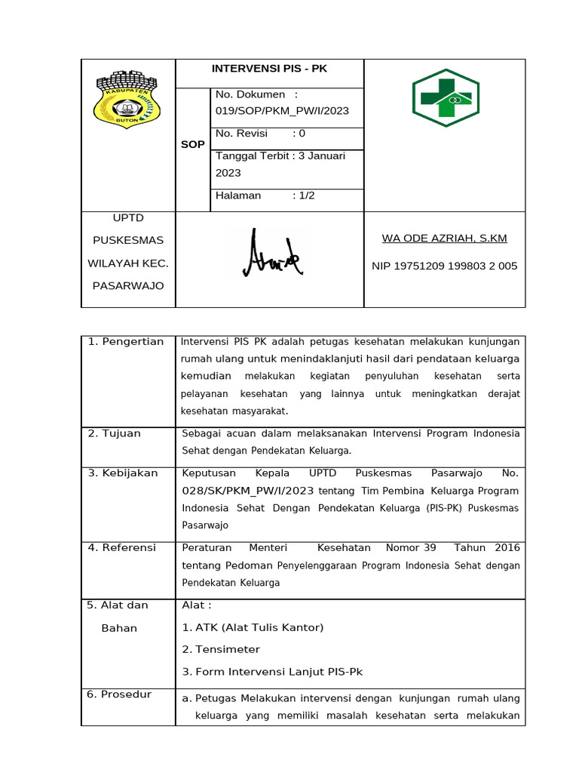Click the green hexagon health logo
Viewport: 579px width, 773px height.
click(x=445, y=98)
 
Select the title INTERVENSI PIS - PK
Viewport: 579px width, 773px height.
click(x=269, y=69)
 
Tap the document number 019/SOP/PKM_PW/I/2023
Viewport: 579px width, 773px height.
click(x=282, y=111)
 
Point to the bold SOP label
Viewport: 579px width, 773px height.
click(x=192, y=144)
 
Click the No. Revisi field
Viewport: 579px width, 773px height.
click(x=261, y=134)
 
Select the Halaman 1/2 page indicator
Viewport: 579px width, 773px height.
click(x=265, y=196)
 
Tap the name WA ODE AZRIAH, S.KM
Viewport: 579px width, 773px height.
click(x=444, y=239)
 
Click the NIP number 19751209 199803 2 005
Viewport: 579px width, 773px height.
click(x=444, y=266)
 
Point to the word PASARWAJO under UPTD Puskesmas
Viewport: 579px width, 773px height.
click(x=127, y=286)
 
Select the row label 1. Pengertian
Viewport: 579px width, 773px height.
click(x=126, y=342)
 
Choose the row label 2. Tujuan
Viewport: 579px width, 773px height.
click(x=115, y=433)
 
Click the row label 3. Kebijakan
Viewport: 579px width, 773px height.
click(x=123, y=473)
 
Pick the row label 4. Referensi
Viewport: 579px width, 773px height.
click(x=122, y=547)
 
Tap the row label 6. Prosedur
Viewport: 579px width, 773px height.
click(x=119, y=694)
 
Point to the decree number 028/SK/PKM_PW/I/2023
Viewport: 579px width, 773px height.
click(x=248, y=491)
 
